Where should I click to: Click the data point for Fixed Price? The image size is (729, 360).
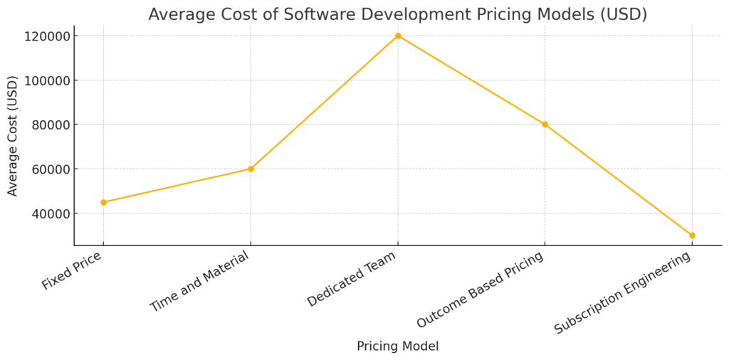(x=103, y=202)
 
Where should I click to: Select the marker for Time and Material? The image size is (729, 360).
(x=251, y=169)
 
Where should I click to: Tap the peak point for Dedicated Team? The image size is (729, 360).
(x=398, y=36)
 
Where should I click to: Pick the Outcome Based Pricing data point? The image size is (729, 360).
(x=545, y=125)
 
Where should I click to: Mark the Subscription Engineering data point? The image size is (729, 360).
(x=692, y=235)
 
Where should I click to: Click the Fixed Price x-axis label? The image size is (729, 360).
(x=71, y=270)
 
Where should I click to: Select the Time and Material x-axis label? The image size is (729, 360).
(x=199, y=282)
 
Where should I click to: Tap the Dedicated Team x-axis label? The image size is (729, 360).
(x=352, y=279)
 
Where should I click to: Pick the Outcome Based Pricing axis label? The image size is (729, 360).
(x=480, y=290)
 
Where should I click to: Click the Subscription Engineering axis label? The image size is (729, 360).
(x=622, y=293)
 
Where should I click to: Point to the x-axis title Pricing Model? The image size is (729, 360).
(x=397, y=346)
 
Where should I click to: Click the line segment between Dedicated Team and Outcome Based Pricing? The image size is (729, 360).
(x=471, y=80)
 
